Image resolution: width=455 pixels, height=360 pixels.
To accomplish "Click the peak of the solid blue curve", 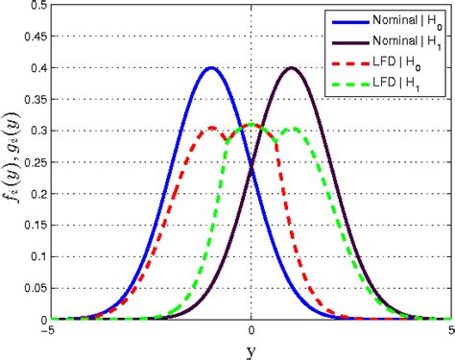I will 211,68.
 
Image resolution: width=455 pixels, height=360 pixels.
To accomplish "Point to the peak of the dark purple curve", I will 292,68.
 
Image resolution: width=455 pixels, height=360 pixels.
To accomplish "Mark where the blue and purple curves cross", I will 251,167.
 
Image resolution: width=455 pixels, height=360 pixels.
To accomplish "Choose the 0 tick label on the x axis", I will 251,331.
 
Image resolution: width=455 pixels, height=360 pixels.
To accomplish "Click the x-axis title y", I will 251,350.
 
